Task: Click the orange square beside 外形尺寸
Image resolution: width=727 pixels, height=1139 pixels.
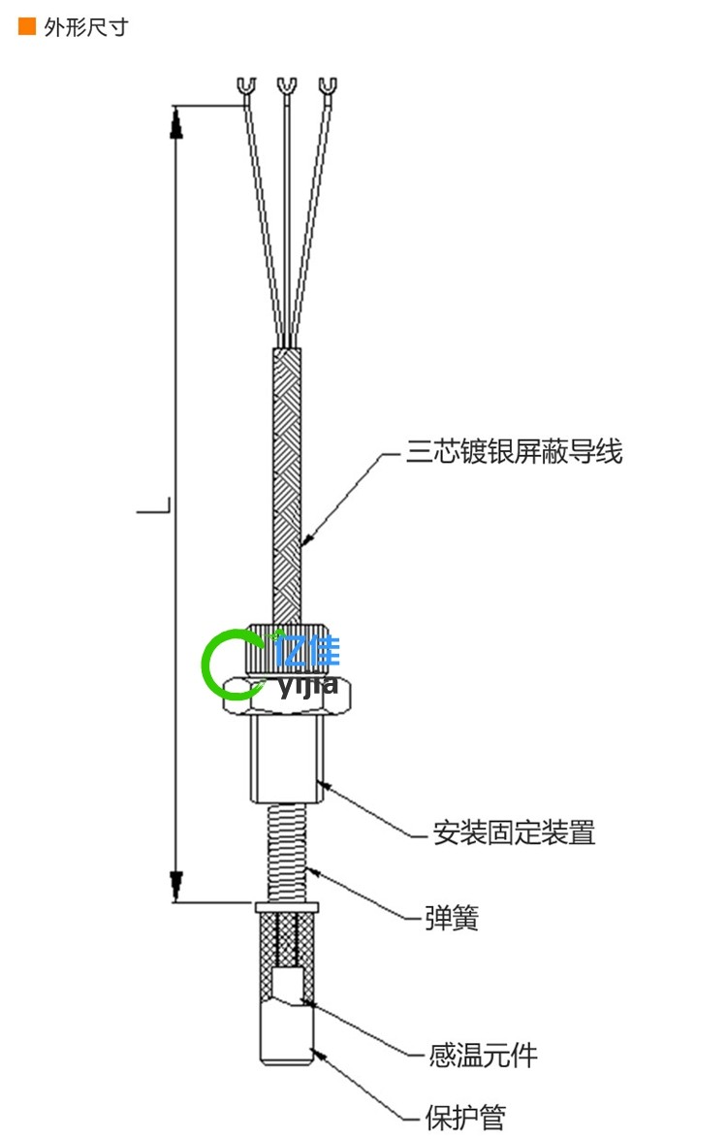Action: pos(27,27)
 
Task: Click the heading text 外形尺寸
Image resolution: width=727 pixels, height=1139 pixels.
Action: pos(85,27)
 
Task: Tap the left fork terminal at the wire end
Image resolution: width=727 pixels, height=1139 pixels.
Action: pos(245,88)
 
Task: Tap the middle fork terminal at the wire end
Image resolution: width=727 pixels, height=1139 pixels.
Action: pos(286,88)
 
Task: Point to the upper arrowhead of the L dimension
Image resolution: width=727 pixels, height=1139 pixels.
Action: pos(176,121)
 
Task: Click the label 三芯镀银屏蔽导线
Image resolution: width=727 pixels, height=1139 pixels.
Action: pos(514,452)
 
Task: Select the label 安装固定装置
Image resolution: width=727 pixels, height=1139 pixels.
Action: pos(514,832)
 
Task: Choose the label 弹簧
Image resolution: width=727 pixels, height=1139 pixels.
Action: pos(452,918)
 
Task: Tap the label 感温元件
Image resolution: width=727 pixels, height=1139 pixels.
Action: pos(483,1055)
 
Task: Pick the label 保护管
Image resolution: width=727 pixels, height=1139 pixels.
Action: pos(465,1118)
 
